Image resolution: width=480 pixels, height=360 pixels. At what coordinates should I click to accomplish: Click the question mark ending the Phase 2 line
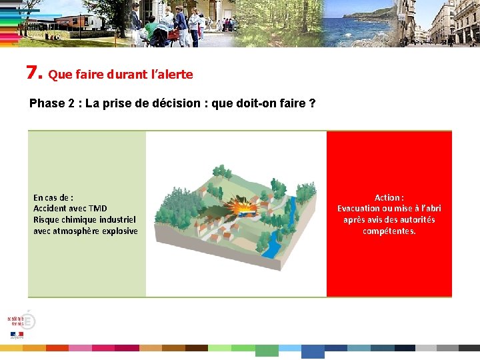coord(312,104)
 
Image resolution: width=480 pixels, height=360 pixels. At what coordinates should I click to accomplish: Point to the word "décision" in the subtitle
coord(159,104)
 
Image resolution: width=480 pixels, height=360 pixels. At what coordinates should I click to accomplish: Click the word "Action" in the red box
coord(387,198)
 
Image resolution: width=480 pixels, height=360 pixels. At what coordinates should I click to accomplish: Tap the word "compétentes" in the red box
coord(389,231)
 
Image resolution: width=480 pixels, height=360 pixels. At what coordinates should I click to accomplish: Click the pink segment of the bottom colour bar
coord(80,348)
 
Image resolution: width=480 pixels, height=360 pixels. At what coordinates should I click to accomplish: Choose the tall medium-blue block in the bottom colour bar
coord(312,351)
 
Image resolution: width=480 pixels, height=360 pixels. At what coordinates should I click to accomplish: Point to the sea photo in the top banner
coord(360,23)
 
